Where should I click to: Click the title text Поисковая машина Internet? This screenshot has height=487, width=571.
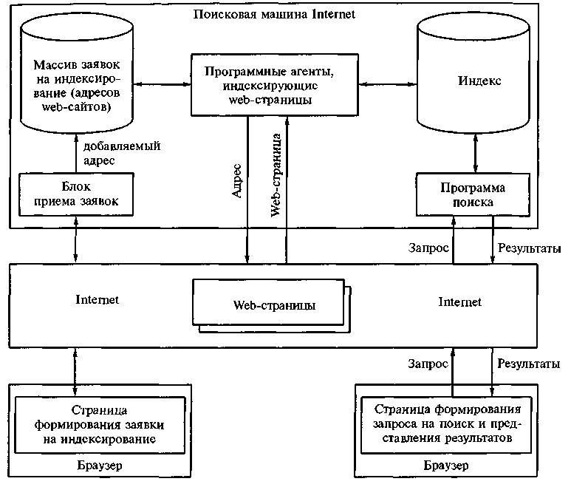274,14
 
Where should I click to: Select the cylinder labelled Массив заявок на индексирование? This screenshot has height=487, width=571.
78,81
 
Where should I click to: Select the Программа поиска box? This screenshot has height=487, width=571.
472,193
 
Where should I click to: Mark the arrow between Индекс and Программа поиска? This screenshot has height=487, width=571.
473,157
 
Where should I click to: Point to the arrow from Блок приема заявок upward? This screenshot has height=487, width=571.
76,155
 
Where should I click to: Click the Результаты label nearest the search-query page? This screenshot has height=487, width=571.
526,364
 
